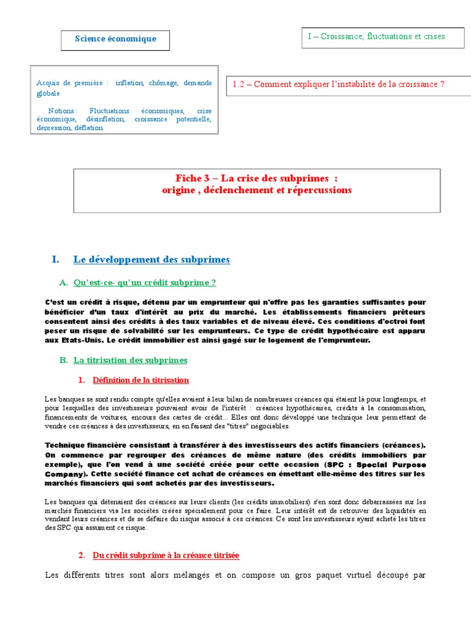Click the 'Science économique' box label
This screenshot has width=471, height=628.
115,39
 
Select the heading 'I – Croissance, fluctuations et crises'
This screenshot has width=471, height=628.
376,36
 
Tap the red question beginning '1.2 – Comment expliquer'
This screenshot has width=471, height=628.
339,84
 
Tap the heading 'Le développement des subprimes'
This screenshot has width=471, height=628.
151,259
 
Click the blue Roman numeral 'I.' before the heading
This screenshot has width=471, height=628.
56,259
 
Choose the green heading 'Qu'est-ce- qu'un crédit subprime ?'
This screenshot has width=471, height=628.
144,283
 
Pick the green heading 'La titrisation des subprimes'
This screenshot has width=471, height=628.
130,360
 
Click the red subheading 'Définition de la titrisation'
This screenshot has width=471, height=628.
140,380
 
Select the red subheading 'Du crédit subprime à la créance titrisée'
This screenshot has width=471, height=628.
166,555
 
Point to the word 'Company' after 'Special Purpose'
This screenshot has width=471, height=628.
64,474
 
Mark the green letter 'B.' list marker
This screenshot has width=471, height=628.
64,360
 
